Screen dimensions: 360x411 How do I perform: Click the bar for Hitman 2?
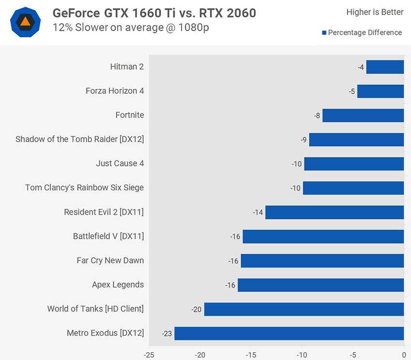click(385, 67)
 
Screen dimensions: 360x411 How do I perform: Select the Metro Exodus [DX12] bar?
click(289, 333)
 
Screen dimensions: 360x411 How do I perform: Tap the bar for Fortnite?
click(363, 115)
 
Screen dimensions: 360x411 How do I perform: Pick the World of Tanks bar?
click(304, 309)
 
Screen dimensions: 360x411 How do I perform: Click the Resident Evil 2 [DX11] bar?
click(334, 212)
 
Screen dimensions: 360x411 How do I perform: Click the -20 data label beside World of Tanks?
click(196, 309)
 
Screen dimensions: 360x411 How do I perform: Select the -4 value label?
click(361, 67)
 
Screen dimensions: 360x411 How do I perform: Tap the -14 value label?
click(258, 212)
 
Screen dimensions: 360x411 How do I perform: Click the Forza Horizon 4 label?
click(115, 91)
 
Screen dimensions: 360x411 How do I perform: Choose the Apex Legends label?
click(117, 285)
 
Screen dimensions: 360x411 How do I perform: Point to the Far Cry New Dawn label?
click(110, 260)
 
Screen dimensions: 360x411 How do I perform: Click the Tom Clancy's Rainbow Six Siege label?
click(84, 187)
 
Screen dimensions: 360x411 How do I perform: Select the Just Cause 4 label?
click(119, 163)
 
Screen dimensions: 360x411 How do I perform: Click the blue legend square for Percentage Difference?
click(324, 33)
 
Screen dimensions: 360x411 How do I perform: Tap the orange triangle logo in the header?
click(25, 22)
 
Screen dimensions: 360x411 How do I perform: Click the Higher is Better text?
click(375, 12)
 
